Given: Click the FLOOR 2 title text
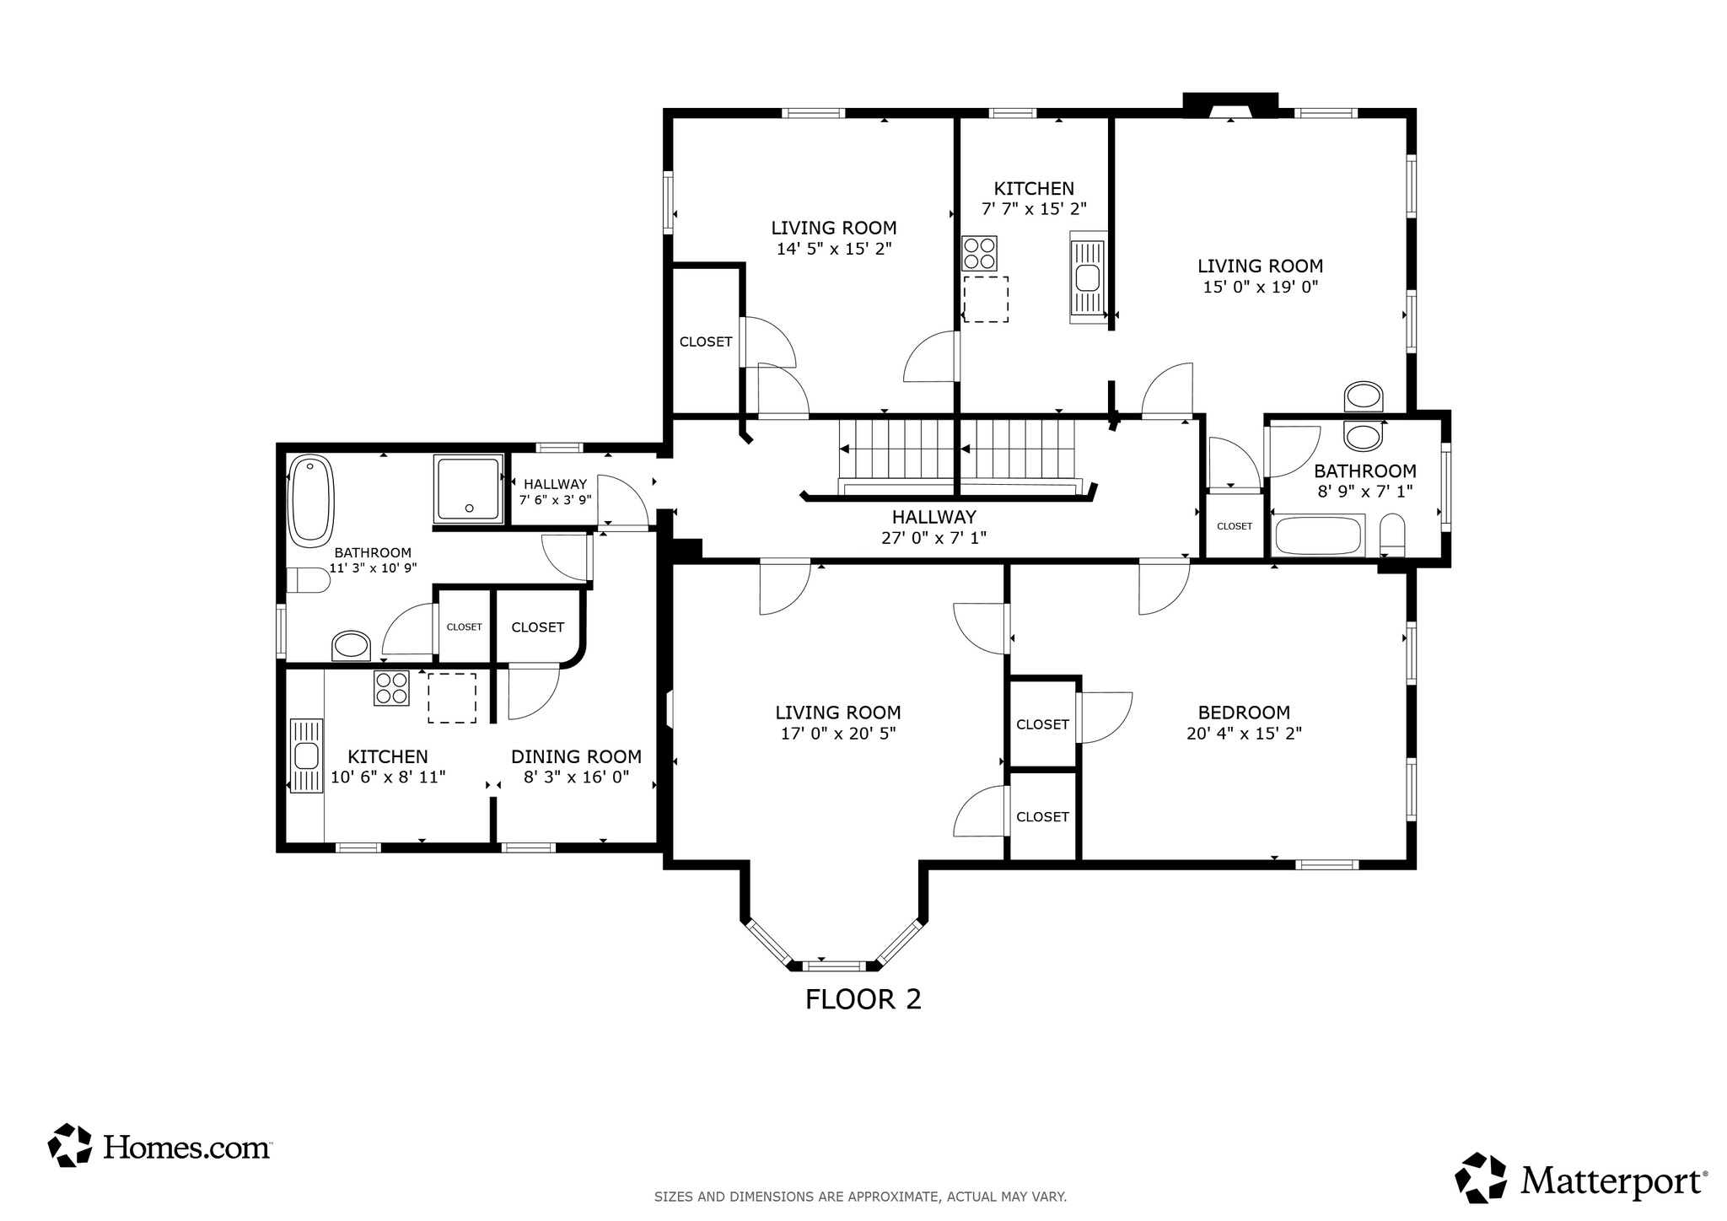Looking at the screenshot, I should click(863, 999).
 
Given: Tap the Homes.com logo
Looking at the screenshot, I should click(160, 1146).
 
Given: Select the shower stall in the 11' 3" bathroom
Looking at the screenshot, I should click(468, 488).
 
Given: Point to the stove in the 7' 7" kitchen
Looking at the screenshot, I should click(980, 253).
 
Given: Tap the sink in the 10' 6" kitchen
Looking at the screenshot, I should click(306, 756).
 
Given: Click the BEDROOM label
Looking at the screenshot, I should click(1244, 713).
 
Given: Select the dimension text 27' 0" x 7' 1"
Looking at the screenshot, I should click(933, 537).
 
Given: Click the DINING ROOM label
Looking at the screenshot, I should click(576, 756).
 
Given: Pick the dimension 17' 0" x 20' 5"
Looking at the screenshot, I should click(837, 734).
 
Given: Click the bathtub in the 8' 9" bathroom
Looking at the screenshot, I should click(1317, 536).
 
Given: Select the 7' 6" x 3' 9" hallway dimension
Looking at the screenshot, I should click(555, 499).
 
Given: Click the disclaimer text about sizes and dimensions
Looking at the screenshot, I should click(860, 1197).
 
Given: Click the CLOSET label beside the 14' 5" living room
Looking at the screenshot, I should click(706, 342).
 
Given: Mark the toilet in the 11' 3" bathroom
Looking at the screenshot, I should click(309, 580).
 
